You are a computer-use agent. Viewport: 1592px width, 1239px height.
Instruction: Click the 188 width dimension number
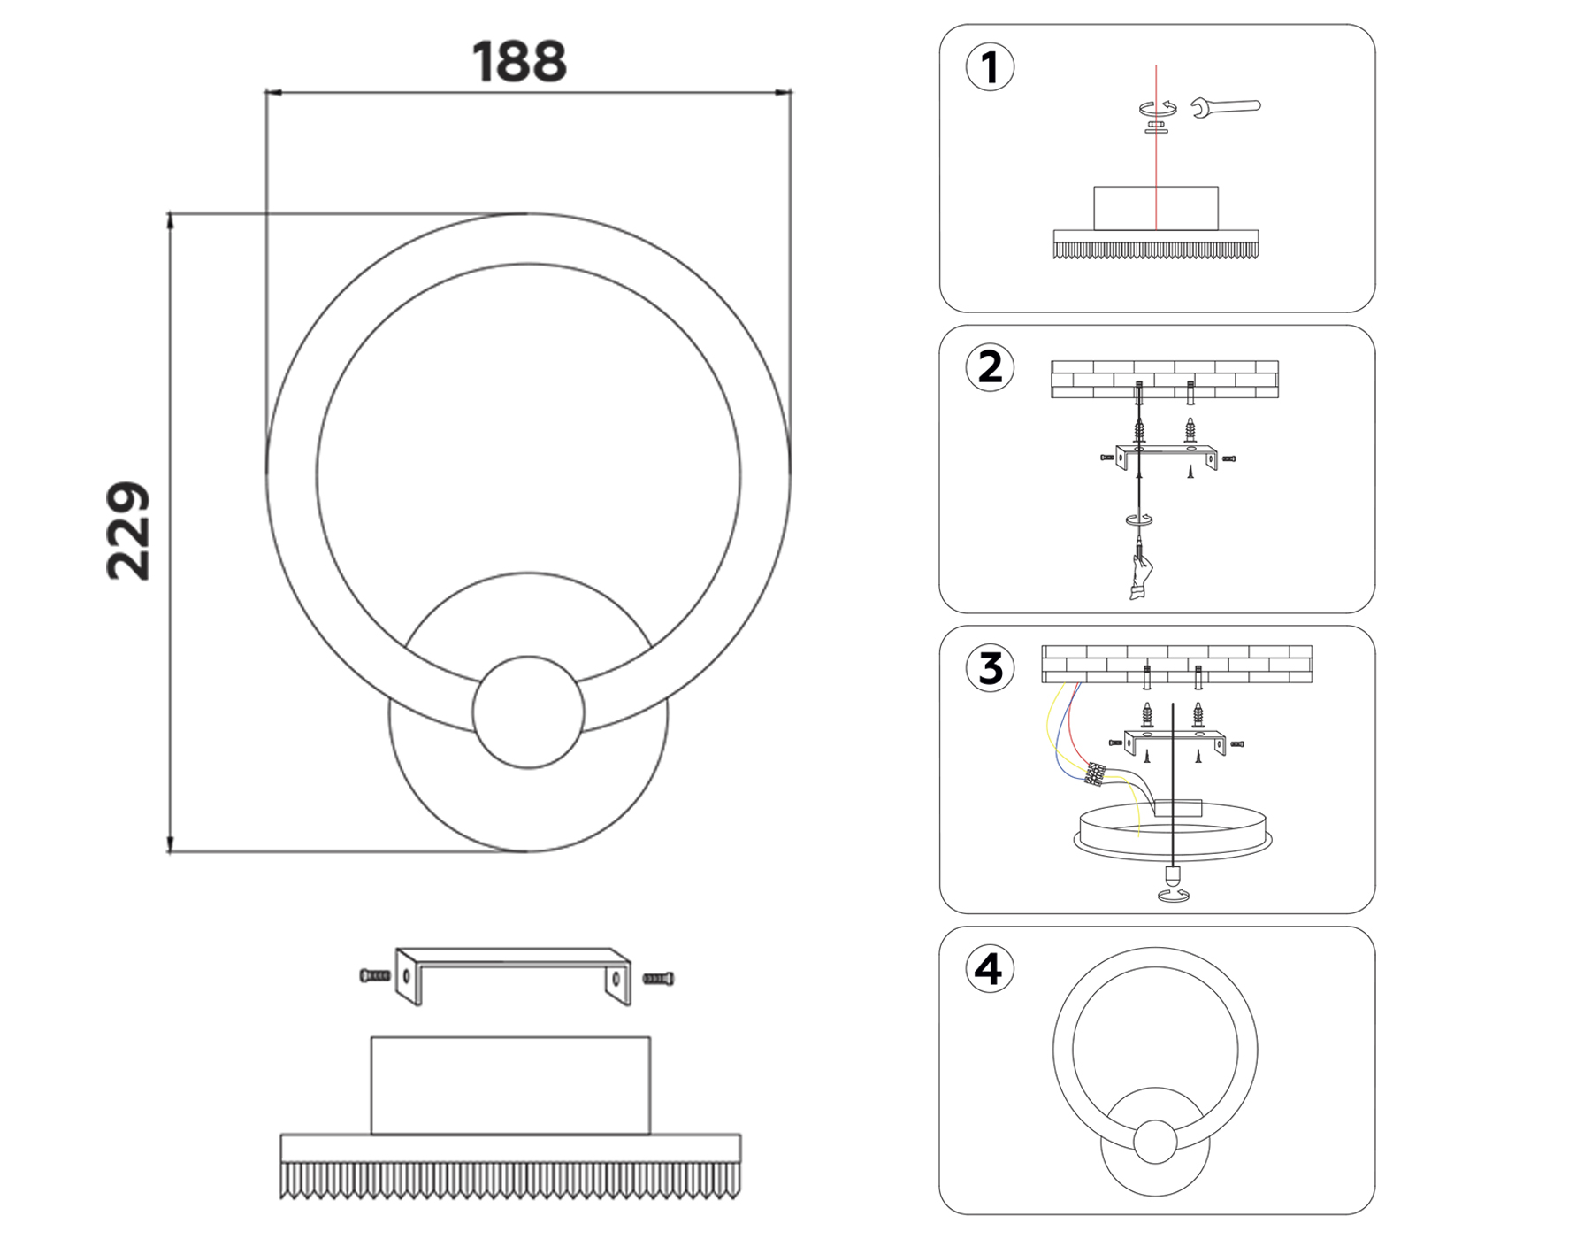coord(519,62)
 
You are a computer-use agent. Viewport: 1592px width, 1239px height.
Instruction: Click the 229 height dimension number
coord(129,531)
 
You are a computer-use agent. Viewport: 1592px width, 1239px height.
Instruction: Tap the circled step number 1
coord(990,68)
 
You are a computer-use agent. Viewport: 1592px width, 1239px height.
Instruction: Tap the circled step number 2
coord(990,367)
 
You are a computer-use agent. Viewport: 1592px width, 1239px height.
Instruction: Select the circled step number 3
coord(990,668)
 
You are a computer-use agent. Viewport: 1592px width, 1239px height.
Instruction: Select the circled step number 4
coord(989,969)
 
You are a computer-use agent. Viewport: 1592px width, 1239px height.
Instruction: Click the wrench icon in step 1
coord(1225,108)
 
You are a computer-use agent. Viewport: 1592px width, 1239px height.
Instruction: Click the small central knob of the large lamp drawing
coord(528,712)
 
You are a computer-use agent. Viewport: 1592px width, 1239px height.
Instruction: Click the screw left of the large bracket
coord(375,976)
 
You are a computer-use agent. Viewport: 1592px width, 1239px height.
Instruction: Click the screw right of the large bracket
coord(658,979)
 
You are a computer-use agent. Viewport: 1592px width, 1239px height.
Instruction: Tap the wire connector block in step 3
coord(1095,774)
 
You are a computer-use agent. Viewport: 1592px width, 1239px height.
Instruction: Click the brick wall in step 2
coord(1164,379)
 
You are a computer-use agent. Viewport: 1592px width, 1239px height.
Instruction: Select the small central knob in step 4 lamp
coord(1154,1142)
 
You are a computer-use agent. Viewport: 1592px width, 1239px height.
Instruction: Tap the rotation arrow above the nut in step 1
coord(1157,108)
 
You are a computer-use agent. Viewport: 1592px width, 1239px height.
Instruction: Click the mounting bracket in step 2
coord(1166,455)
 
